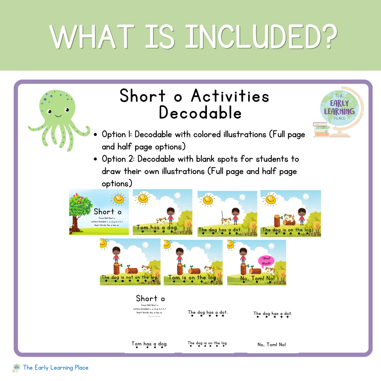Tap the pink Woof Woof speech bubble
coord(266,261)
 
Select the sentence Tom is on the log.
coord(193,278)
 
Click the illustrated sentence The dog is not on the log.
coord(130,277)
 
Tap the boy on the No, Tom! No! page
coord(243,255)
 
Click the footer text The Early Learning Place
coord(56,368)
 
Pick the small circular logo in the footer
coord(17,368)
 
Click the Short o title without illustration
coord(150,298)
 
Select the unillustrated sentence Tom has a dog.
coord(149,344)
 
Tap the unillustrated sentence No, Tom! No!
coord(272,345)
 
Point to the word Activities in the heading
coord(230,96)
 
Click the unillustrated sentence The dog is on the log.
coord(208,343)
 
